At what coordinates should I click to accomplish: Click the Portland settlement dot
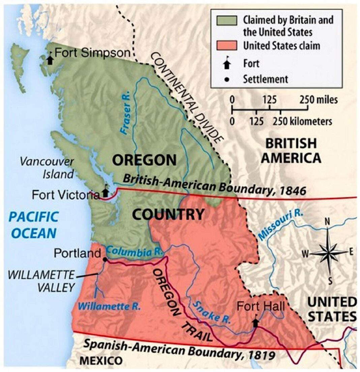(105, 259)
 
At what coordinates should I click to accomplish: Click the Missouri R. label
(281, 225)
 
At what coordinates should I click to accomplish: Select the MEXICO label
(101, 361)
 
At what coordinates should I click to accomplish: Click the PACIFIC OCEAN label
(34, 225)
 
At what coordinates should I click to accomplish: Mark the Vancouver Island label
(47, 167)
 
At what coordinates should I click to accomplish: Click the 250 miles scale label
(318, 100)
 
